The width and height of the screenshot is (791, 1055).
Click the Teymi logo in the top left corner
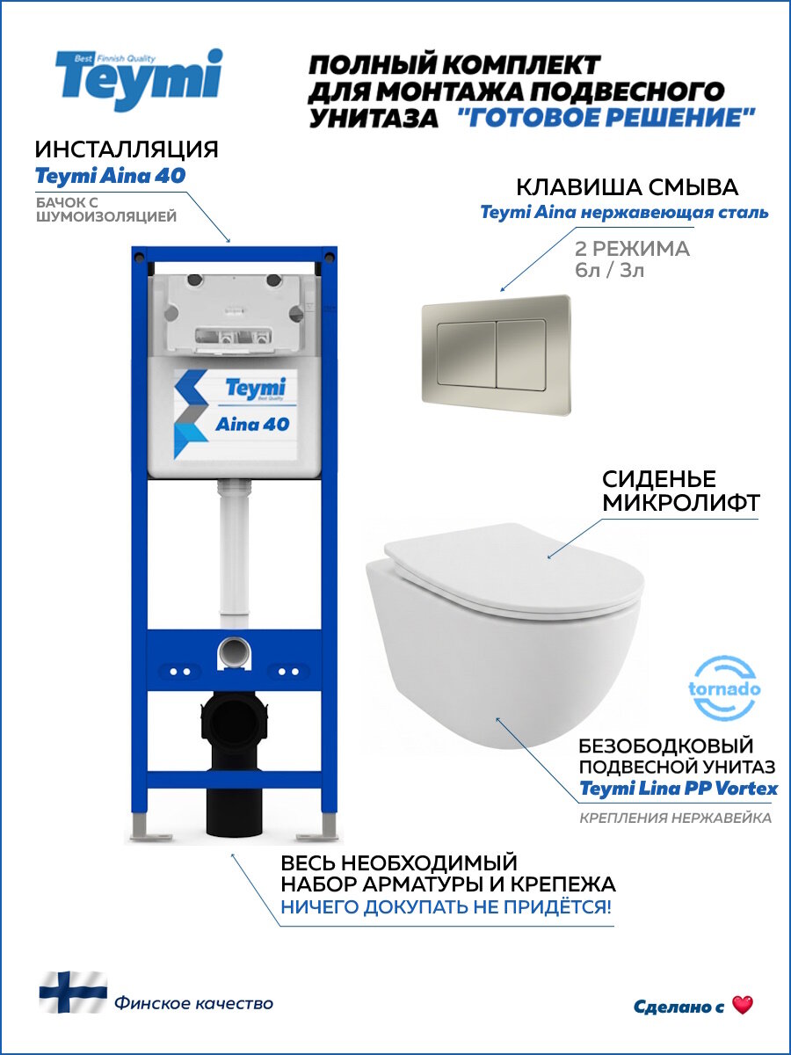click(x=139, y=79)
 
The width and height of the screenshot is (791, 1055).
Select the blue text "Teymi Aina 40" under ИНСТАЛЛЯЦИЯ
click(x=110, y=176)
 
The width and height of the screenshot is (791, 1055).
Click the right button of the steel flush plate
click(x=525, y=354)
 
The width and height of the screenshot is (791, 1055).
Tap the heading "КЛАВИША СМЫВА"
click(x=627, y=187)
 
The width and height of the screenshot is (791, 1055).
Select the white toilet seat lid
click(x=519, y=571)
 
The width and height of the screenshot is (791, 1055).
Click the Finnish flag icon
click(x=72, y=992)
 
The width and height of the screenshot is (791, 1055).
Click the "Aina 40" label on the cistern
click(x=252, y=424)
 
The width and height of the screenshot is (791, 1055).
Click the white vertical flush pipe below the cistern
click(x=234, y=563)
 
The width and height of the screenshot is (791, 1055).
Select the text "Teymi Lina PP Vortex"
click(x=679, y=789)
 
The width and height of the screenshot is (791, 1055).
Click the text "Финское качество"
click(x=193, y=1003)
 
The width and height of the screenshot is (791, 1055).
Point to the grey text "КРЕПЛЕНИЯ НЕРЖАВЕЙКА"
click(x=675, y=819)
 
